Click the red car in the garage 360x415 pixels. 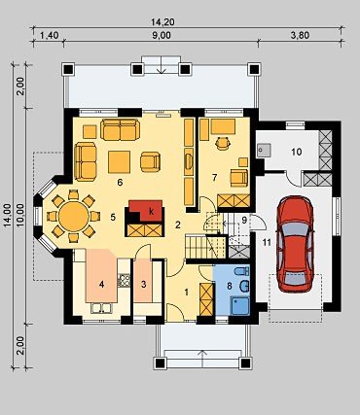(295, 244)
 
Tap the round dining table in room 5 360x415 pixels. (74, 216)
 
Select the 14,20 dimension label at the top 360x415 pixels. (162, 22)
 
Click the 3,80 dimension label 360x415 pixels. (300, 35)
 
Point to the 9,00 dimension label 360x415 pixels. (162, 35)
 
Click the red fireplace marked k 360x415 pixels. (145, 211)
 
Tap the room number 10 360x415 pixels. (297, 152)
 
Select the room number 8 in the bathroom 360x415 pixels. (230, 286)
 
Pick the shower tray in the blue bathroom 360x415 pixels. (240, 306)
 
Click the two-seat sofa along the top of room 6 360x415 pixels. (120, 129)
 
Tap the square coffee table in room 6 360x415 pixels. (119, 162)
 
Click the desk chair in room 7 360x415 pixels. (223, 143)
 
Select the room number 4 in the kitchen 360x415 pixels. (102, 285)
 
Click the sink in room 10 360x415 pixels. (264, 151)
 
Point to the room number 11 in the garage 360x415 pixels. (267, 242)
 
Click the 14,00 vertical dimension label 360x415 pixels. (7, 216)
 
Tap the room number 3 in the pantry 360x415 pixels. (144, 285)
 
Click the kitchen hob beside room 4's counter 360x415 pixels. (124, 281)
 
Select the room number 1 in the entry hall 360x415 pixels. (186, 293)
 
